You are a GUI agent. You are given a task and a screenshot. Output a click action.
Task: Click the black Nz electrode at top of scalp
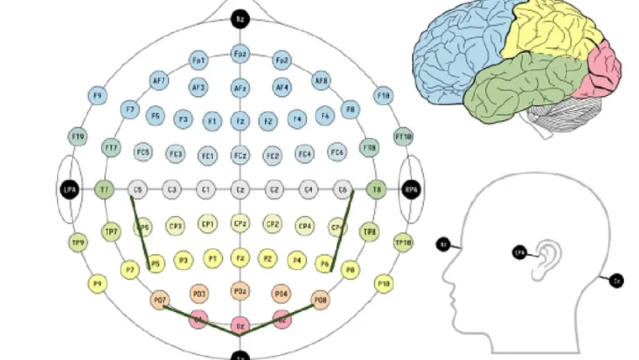pyautogui.click(x=240, y=18)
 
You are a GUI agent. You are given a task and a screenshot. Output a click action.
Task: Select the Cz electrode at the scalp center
pyautogui.click(x=240, y=190)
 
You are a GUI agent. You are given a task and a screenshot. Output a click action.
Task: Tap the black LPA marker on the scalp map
pyautogui.click(x=70, y=191)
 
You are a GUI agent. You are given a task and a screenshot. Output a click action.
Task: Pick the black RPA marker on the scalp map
pyautogui.click(x=411, y=190)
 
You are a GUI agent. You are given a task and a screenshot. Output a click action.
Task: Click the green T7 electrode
pyautogui.click(x=105, y=190)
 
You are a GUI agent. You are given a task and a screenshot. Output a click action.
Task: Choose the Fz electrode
pyautogui.click(x=240, y=121)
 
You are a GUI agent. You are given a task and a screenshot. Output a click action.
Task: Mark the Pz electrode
pyautogui.click(x=240, y=259)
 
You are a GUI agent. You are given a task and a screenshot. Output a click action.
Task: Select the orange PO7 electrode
pyautogui.click(x=160, y=299)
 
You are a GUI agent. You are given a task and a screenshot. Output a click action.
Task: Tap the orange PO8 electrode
pyautogui.click(x=320, y=299)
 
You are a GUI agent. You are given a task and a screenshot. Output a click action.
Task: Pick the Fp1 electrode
pyautogui.click(x=199, y=61)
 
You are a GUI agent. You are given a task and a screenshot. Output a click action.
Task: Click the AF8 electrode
pyautogui.click(x=321, y=81)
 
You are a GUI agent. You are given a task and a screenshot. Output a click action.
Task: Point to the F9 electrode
pyautogui.click(x=98, y=97)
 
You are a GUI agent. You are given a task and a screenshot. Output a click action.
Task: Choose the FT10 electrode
pyautogui.click(x=403, y=136)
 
